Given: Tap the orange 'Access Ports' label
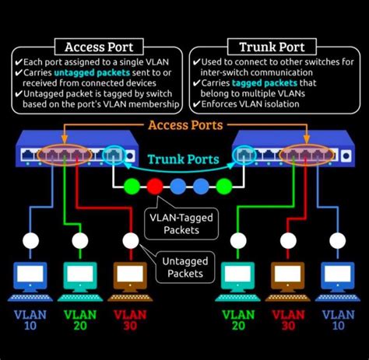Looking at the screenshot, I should coord(185,125).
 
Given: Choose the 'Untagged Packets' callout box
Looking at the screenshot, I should coord(184,267).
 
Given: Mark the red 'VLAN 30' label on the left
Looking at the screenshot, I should coord(130,320).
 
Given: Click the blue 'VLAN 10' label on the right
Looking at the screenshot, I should coord(339,320).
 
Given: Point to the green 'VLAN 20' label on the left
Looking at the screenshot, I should coord(79,320).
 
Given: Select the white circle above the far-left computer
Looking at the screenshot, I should coord(30,240).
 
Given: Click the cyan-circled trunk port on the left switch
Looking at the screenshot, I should coord(114,155).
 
